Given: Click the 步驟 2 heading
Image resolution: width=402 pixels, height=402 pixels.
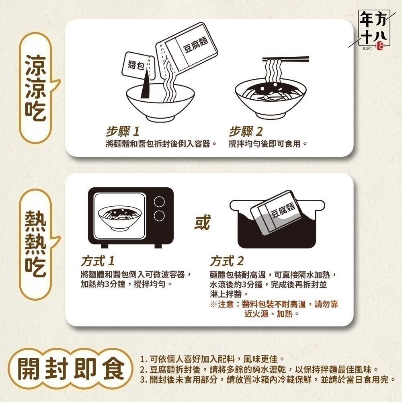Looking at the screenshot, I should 246,131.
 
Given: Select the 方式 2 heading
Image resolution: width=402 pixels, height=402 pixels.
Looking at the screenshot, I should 227,261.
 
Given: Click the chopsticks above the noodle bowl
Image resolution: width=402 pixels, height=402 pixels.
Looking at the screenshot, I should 285,59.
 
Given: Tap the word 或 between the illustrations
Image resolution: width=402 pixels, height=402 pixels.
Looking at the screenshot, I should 202,222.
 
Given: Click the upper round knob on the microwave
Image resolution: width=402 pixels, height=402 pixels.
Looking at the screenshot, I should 159,201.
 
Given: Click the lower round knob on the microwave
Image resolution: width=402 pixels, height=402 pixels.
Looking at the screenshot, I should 159,215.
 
